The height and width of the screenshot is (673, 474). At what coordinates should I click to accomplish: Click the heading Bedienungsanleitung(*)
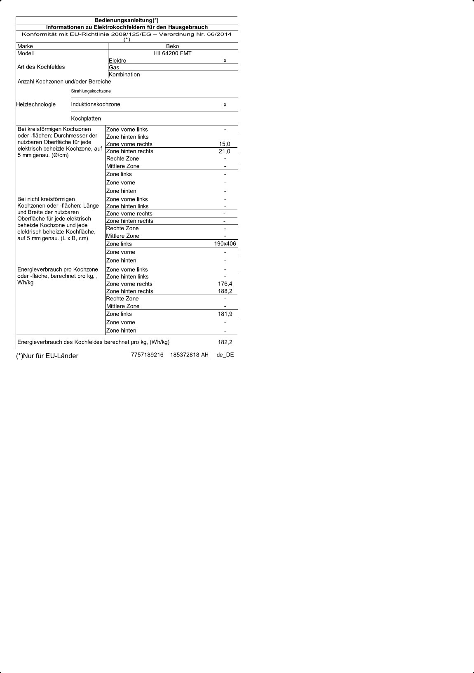tap(127, 20)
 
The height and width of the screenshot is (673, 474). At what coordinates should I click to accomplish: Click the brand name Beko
tap(172, 46)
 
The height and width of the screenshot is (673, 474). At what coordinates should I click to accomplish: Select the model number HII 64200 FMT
tap(172, 53)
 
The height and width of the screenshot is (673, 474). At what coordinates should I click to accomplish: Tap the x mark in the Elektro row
tap(225, 61)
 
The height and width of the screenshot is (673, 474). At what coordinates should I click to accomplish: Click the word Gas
tap(114, 67)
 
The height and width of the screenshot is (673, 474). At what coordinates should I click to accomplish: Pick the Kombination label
tap(124, 75)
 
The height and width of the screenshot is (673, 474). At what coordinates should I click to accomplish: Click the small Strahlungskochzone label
tap(91, 91)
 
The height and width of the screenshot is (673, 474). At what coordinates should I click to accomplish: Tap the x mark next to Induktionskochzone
tap(225, 104)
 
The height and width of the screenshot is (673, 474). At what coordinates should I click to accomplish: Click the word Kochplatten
tap(86, 118)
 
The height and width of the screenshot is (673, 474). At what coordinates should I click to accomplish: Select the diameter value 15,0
tap(225, 144)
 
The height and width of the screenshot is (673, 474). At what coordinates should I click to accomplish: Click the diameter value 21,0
tap(225, 151)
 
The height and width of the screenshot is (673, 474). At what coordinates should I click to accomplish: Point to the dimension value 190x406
tap(225, 244)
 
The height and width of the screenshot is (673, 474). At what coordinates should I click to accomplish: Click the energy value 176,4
tap(225, 284)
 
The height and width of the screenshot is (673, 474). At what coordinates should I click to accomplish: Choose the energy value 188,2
tap(225, 291)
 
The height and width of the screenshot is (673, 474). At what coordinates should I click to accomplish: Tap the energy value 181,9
tap(225, 314)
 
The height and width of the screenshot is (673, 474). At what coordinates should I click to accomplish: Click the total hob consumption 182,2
tap(225, 342)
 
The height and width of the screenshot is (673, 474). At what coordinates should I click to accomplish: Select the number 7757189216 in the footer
tap(147, 355)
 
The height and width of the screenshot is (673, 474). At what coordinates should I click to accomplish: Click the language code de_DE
tap(225, 355)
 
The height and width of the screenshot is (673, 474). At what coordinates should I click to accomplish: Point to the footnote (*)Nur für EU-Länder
tap(47, 356)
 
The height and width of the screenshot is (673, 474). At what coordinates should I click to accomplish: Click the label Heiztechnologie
tap(36, 104)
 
